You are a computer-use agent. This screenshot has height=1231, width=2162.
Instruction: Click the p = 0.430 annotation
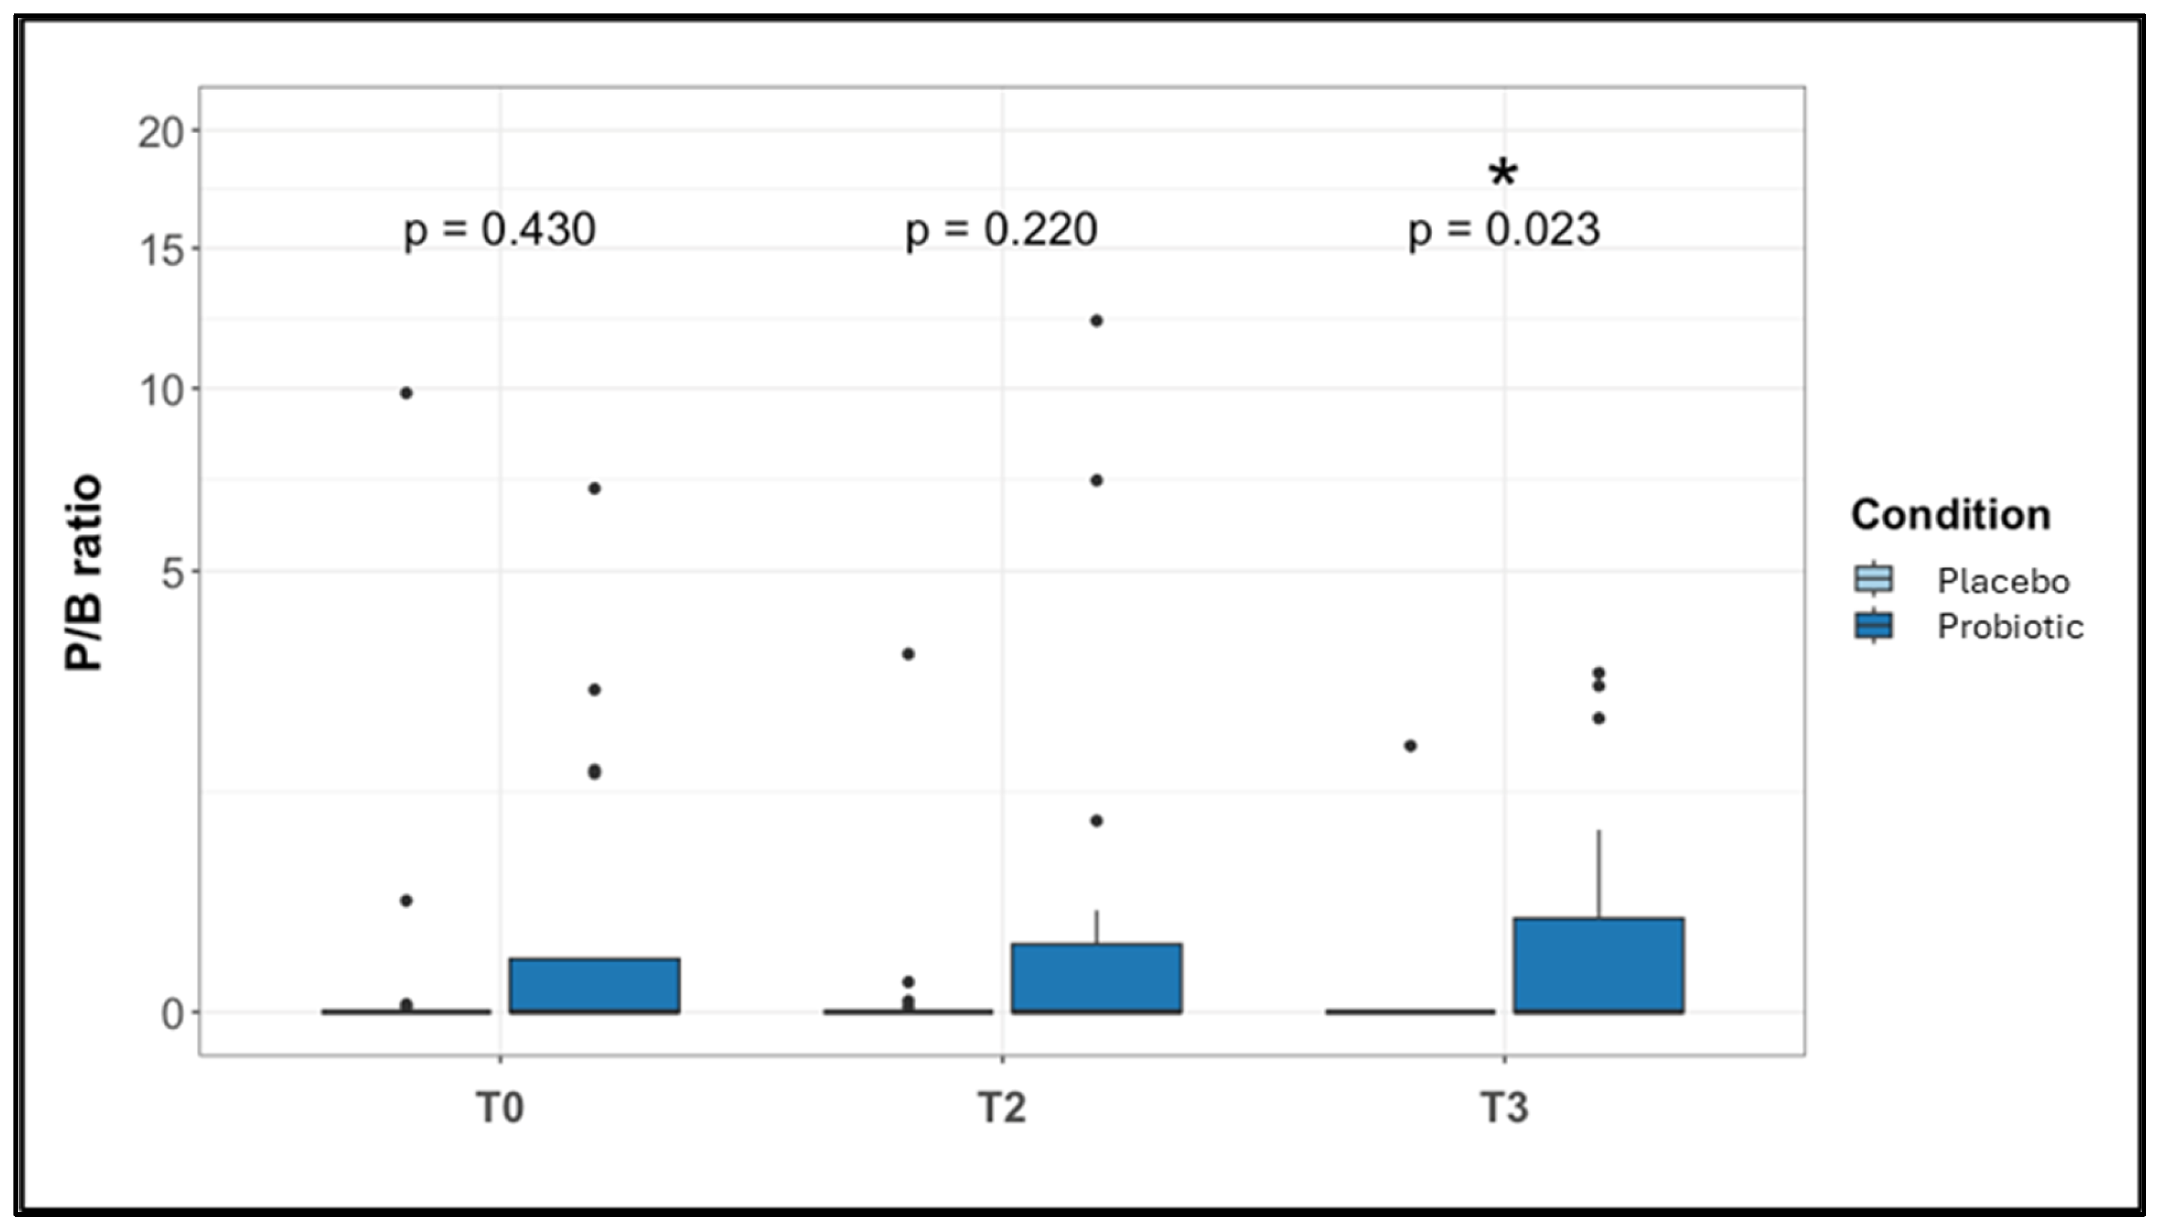click(500, 230)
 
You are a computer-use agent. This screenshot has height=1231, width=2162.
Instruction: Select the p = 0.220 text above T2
click(1001, 230)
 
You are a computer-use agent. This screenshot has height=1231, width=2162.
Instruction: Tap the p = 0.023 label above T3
click(1503, 230)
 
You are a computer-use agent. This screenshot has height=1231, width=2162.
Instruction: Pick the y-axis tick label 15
click(161, 250)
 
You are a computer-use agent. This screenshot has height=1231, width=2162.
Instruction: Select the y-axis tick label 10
click(161, 391)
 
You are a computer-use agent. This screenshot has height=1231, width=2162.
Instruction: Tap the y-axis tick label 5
click(173, 574)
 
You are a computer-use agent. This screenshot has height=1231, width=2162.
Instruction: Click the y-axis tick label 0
click(173, 1013)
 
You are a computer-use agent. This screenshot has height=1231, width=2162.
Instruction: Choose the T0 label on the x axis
click(500, 1107)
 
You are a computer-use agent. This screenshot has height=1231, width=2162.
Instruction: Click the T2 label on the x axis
click(1002, 1107)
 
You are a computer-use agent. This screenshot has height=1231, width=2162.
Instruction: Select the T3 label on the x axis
click(1504, 1107)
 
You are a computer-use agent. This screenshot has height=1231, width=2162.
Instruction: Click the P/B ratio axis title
click(84, 574)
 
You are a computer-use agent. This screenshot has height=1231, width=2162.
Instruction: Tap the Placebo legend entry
click(2002, 581)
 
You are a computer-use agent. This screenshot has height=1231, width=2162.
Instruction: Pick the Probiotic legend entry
click(2009, 627)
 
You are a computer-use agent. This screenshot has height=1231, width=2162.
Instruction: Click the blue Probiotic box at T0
click(594, 985)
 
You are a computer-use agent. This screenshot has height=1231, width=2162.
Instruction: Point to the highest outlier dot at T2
click(1097, 320)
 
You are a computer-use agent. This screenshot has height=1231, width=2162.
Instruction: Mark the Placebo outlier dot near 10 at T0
click(406, 393)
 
